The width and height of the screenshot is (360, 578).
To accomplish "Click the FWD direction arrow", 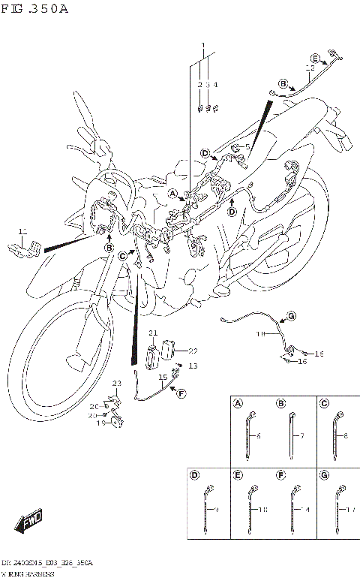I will (28, 519).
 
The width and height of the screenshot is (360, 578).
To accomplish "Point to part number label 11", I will (22, 231).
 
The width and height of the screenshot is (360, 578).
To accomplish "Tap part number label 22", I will (193, 351).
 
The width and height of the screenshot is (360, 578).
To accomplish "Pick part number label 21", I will (152, 333).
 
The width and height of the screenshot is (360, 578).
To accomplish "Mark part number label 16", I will (303, 362).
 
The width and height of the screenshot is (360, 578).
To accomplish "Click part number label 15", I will (161, 378).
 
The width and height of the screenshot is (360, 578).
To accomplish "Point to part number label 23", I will (116, 384).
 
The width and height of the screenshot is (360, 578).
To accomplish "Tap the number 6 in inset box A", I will (259, 436).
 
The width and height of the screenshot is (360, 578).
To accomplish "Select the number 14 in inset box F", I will (306, 510).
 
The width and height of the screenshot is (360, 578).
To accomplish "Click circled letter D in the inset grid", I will (194, 475).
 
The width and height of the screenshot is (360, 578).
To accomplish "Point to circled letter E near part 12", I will (316, 59).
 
